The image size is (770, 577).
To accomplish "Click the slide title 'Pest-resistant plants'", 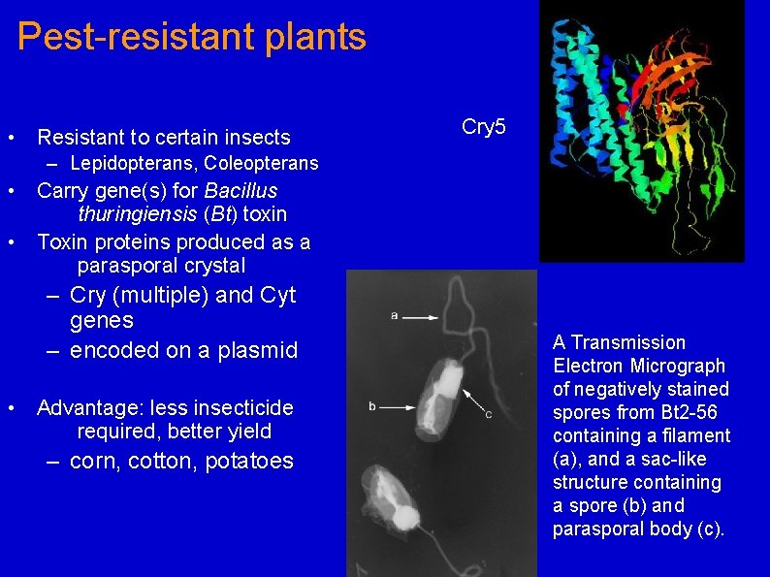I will click(192, 37).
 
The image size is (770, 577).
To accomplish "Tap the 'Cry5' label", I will click(484, 127).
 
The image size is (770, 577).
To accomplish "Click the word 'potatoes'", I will click(248, 462).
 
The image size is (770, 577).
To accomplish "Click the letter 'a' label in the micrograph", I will click(394, 315).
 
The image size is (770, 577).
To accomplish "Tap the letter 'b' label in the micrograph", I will click(372, 405).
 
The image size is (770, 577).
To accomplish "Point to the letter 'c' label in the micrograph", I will click(488, 415).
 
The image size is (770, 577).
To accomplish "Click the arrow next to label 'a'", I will click(419, 316).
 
